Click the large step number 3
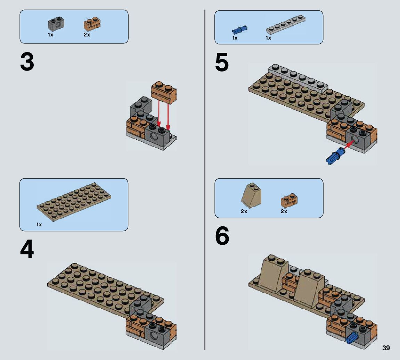(x=27, y=62)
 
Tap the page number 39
(x=386, y=348)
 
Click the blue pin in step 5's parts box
(x=239, y=30)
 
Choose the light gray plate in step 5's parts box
(x=286, y=25)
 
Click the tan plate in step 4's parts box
(x=74, y=202)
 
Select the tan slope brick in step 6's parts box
(x=251, y=195)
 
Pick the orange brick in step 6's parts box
(x=289, y=200)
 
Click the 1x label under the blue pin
(x=235, y=38)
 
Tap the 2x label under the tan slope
(x=244, y=211)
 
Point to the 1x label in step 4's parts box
(x=39, y=225)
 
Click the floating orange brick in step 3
(x=164, y=92)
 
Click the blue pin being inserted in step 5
(x=335, y=156)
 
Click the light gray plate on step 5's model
(x=298, y=78)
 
